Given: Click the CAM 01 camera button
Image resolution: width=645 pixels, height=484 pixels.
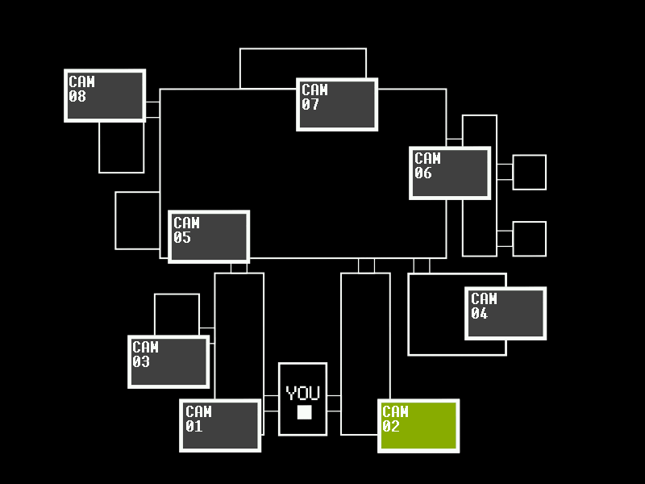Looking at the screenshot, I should pyautogui.click(x=220, y=425).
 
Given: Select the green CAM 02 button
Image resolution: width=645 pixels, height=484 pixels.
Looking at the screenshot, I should pyautogui.click(x=418, y=425).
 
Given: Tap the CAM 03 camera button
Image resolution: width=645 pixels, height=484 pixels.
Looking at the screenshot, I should pyautogui.click(x=169, y=361).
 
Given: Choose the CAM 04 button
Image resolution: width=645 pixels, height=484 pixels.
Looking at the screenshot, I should pyautogui.click(x=506, y=313).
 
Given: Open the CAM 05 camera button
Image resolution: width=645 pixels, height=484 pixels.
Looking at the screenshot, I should pyautogui.click(x=209, y=236).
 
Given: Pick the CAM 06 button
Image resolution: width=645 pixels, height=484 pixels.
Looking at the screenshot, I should pyautogui.click(x=450, y=173).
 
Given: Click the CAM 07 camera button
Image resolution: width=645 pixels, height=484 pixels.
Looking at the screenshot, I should pyautogui.click(x=337, y=104).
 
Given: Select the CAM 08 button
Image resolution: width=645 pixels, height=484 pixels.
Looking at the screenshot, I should pyautogui.click(x=105, y=95).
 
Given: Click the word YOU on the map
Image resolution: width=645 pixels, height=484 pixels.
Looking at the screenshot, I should pyautogui.click(x=303, y=394).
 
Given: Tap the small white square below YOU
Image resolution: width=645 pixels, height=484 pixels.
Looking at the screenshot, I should pyautogui.click(x=304, y=412).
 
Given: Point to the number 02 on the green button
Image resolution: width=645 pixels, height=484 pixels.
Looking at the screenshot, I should pyautogui.click(x=391, y=427).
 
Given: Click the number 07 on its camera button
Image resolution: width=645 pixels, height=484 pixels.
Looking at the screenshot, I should pyautogui.click(x=311, y=105).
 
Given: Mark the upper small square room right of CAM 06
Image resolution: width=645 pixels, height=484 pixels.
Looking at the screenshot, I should pyautogui.click(x=530, y=172).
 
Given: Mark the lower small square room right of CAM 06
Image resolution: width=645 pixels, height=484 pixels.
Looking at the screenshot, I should pyautogui.click(x=530, y=239).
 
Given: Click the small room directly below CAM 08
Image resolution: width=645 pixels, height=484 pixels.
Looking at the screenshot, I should pyautogui.click(x=122, y=148).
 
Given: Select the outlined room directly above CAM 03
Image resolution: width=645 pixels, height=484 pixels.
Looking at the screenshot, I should pyautogui.click(x=177, y=314).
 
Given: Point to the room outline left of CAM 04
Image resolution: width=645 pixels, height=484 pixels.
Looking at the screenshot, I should pyautogui.click(x=435, y=315).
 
